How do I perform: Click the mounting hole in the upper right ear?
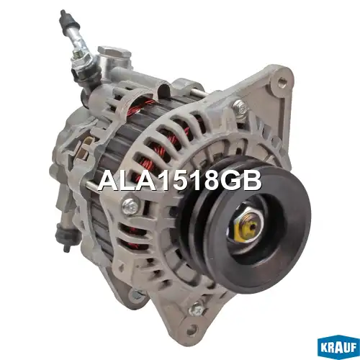pyautogui.click(x=281, y=80)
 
